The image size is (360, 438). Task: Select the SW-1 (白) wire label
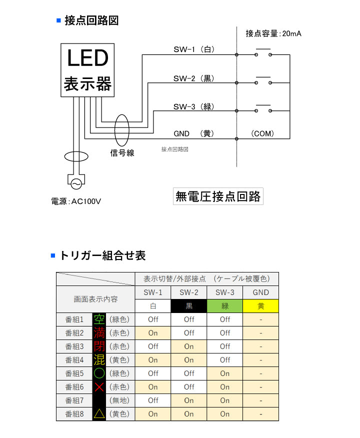click(x=194, y=49)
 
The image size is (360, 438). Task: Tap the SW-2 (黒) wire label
click(x=194, y=78)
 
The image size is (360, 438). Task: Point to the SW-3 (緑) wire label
click(x=194, y=106)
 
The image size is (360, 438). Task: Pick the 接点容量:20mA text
click(x=273, y=33)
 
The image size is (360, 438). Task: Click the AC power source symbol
click(x=76, y=183)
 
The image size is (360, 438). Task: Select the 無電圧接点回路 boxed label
click(x=218, y=196)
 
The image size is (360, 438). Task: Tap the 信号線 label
click(x=122, y=153)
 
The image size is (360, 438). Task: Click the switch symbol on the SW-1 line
click(x=263, y=52)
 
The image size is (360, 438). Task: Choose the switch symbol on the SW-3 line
click(x=263, y=109)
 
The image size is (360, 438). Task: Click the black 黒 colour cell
click(x=189, y=306)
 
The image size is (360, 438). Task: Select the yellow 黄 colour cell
click(x=260, y=306)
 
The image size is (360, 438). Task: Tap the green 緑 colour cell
click(x=225, y=306)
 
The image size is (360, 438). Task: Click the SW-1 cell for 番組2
click(x=153, y=332)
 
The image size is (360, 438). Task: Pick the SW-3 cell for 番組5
click(x=225, y=373)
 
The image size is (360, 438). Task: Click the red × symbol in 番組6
click(x=99, y=386)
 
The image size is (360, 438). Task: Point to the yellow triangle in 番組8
click(x=99, y=413)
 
